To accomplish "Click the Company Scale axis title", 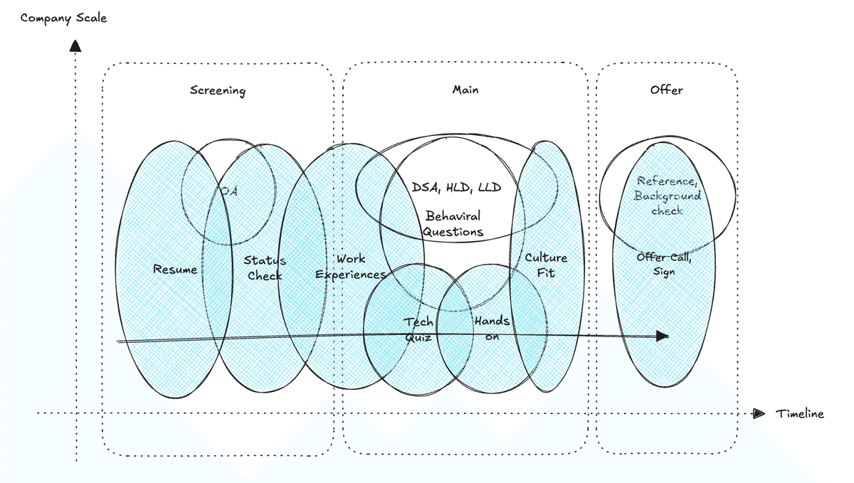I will pos(63,18).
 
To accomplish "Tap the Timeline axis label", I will pos(800,414).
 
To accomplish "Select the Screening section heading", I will pos(218,90).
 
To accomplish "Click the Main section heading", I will pos(465,90).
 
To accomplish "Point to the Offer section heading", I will pos(667,90).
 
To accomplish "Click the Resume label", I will pos(175,270).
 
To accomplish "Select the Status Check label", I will pos(265,268).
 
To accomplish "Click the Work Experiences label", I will pos(351,267).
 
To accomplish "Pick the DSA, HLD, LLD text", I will pos(456,188).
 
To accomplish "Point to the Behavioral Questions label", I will pos(453,223).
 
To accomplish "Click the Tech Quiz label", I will pos(418,329).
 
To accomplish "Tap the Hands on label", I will pos(492,329).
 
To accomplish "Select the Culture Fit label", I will pos(546,265).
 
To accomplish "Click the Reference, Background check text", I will pos(668,196).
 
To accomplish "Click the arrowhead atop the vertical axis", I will pos(75,46).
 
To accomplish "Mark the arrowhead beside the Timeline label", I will pos(759,413).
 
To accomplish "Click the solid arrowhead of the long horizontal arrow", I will pos(662,336).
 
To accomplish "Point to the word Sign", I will pos(665,272).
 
